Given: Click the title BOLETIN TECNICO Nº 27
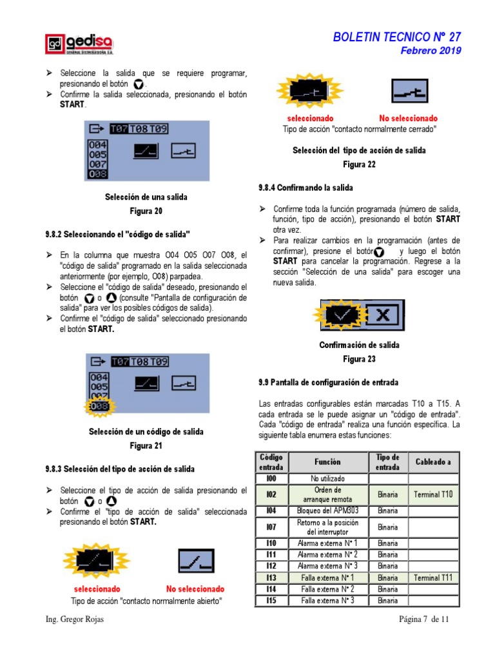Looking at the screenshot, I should click(396, 37).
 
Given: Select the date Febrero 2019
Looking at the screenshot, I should click(431, 51).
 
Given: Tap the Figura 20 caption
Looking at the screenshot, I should click(146, 211).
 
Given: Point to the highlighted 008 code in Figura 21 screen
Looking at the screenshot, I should click(99, 407).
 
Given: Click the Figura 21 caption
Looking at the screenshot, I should click(146, 445).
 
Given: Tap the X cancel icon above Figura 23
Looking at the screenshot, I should click(383, 315).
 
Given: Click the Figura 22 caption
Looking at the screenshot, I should click(358, 164).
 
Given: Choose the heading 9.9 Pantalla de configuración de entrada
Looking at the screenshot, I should click(328, 382).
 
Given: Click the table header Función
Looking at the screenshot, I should click(327, 462).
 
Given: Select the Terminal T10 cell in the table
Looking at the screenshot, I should click(433, 494).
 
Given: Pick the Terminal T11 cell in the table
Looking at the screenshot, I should click(433, 577).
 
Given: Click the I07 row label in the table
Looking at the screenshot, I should click(271, 527).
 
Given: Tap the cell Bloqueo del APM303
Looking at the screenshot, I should click(327, 510).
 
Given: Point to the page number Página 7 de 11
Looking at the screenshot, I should click(423, 619).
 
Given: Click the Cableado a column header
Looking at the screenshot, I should click(433, 462).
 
